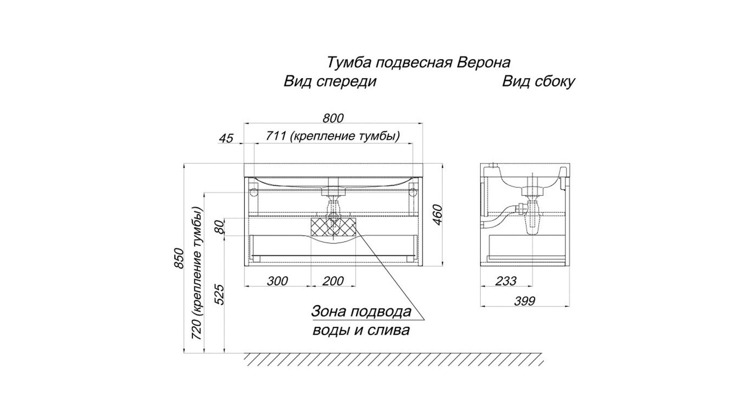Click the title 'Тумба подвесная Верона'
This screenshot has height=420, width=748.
click(418, 62)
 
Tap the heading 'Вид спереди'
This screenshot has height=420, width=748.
click(330, 82)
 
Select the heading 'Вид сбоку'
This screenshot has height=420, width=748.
click(538, 82)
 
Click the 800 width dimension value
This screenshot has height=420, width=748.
click(333, 118)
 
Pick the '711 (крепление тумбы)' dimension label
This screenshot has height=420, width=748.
click(333, 136)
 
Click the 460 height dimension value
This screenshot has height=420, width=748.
click(438, 215)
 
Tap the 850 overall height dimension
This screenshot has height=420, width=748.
click(178, 258)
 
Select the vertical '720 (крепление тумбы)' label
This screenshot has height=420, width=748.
click(198, 273)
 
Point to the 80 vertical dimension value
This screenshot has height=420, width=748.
click(220, 227)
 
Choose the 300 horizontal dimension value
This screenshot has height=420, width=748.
click(277, 281)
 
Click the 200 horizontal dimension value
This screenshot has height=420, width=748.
click(333, 281)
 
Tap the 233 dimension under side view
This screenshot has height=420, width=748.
click(506, 281)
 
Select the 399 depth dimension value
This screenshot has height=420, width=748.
click(525, 301)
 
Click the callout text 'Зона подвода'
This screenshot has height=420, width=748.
click(361, 311)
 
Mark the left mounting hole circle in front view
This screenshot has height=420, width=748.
click(253, 192)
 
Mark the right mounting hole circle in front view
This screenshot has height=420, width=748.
click(413, 192)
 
